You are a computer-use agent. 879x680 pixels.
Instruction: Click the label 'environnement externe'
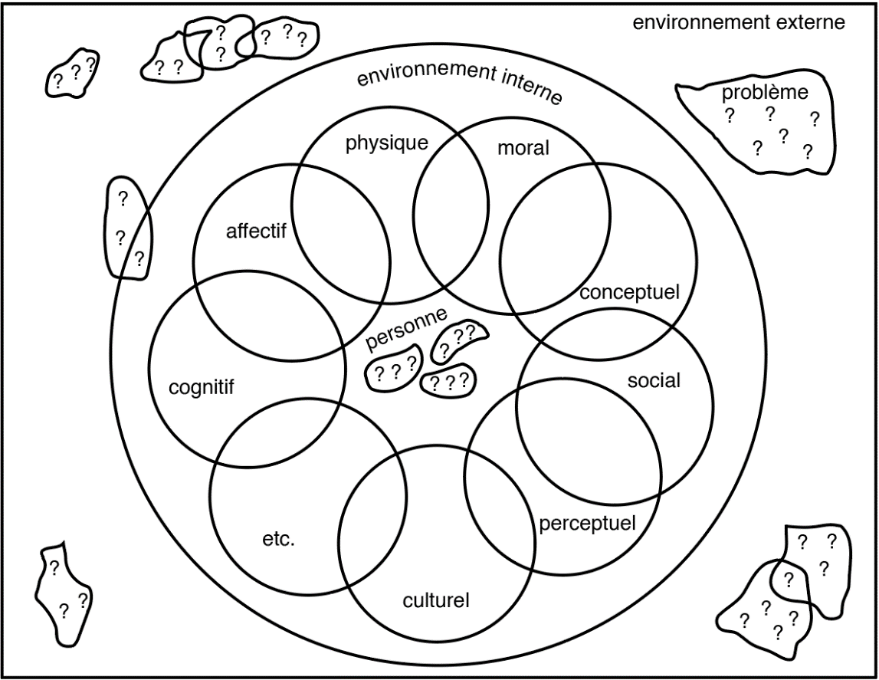point(738,22)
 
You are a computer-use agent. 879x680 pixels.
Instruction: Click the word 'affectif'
point(255,231)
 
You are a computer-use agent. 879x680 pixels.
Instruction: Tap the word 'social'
point(654,381)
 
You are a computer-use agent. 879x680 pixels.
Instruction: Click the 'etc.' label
point(278,539)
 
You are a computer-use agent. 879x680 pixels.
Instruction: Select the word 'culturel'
point(435,600)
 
